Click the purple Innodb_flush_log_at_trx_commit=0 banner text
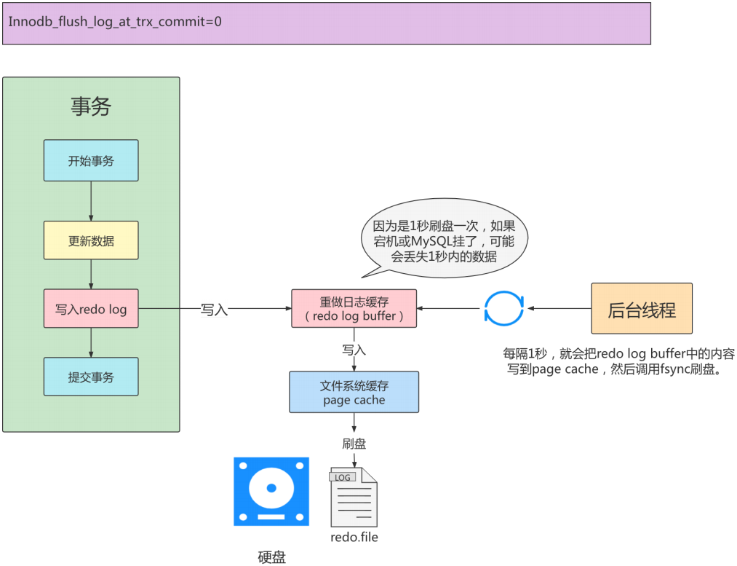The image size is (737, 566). [115, 21]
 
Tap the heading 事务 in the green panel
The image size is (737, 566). [91, 107]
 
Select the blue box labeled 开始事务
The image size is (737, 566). [91, 161]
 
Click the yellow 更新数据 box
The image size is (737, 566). [91, 240]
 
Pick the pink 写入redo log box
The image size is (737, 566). [91, 309]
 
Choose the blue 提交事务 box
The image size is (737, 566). [91, 377]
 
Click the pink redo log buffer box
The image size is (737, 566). [354, 308]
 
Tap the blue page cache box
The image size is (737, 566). [354, 393]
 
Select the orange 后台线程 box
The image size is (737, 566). [642, 310]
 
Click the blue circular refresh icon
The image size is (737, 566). [503, 309]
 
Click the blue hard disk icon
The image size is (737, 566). [271, 491]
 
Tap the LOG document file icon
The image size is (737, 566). [354, 498]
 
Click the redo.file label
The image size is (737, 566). [354, 538]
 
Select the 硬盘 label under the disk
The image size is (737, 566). [272, 557]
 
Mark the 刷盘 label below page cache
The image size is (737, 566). [354, 443]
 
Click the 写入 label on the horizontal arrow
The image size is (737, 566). [214, 310]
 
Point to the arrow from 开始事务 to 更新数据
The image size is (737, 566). [91, 201]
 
